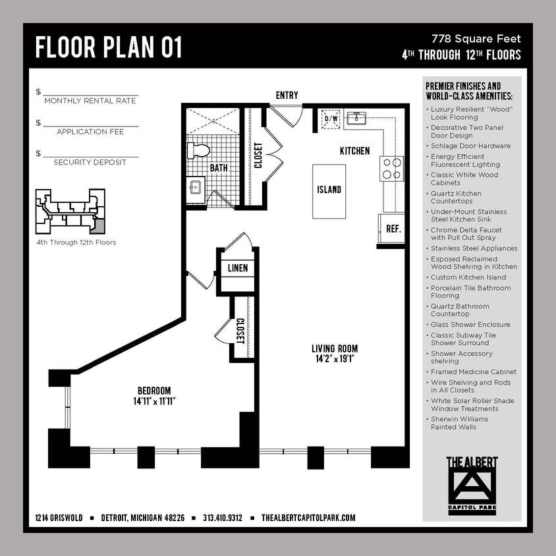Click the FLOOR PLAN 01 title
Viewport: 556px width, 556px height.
coord(109,47)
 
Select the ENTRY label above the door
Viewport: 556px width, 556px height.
coord(287,96)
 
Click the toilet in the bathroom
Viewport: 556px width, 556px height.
coord(198,150)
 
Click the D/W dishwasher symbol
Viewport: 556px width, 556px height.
coord(329,119)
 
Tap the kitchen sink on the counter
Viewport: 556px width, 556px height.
coord(358,119)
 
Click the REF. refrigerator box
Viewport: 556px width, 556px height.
coord(393,230)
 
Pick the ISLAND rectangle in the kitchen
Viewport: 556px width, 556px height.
coord(329,190)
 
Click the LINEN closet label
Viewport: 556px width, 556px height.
coord(237,269)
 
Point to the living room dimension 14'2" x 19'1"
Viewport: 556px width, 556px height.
coord(335,358)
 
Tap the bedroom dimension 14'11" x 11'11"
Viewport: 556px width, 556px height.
coord(154,400)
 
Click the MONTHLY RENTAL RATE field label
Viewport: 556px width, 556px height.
coord(90,101)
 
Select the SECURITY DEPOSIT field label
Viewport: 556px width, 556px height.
coord(90,162)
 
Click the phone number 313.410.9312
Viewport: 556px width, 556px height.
coord(223,518)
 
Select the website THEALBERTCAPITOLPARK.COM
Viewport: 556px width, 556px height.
coord(308,518)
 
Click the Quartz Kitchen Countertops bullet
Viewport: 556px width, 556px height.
coord(456,197)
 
